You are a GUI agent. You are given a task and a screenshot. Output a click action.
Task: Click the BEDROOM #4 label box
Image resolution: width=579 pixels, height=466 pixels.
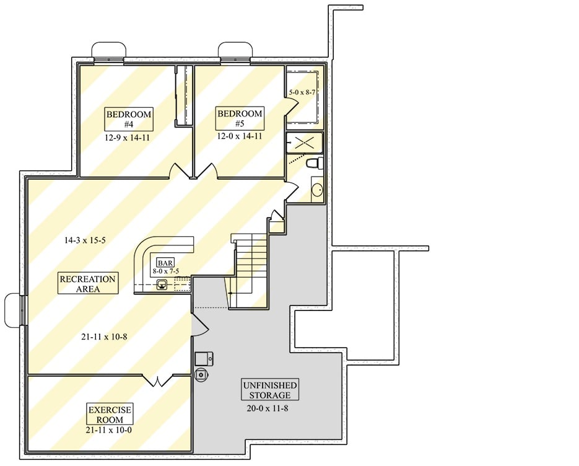[x=129, y=119]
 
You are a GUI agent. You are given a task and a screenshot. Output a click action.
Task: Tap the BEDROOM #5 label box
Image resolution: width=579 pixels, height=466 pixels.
[x=239, y=118]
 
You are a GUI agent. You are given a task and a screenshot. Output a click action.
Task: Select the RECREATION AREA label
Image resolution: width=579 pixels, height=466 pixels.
[x=87, y=284]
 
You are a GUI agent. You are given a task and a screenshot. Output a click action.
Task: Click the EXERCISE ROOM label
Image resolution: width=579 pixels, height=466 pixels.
[x=110, y=414]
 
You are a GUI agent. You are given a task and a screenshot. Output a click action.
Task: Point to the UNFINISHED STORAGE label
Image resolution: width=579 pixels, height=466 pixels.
[x=270, y=390]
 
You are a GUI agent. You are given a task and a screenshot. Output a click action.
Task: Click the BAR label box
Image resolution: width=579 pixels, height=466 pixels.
[x=165, y=263]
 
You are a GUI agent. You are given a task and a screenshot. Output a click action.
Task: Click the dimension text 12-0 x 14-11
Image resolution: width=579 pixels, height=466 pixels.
[x=239, y=136]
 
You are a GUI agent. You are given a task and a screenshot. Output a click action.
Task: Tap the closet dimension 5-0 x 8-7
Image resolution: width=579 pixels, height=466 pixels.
[x=303, y=92]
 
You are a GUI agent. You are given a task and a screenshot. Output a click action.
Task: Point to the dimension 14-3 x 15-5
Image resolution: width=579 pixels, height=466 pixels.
[x=85, y=240]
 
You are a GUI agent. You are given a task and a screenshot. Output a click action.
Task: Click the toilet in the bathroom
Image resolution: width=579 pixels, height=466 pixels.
[x=314, y=163]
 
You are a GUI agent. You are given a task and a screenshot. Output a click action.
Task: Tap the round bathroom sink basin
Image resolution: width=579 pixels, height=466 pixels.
[x=316, y=190]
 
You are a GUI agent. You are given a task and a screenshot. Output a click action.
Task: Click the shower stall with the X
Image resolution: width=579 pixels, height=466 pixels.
[x=304, y=143]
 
